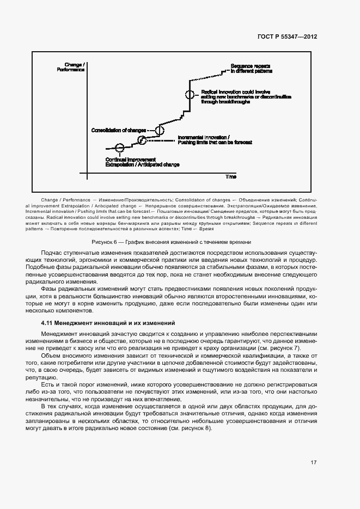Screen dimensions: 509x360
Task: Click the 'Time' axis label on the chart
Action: [x=231, y=177]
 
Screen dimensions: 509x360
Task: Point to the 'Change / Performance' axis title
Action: [x=71, y=68]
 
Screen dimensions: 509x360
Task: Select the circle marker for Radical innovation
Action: [x=189, y=94]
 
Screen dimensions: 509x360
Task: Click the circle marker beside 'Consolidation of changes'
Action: [x=160, y=130]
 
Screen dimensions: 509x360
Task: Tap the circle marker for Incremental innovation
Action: [x=142, y=139]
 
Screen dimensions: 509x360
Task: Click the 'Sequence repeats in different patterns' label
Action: [x=252, y=68]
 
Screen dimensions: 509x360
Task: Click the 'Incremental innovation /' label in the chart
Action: [x=204, y=137]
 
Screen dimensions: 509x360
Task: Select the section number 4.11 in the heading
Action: [x=48, y=323]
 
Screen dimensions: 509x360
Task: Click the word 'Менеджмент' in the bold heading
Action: [x=79, y=323]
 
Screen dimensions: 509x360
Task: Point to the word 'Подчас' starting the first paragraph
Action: [x=51, y=253]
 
